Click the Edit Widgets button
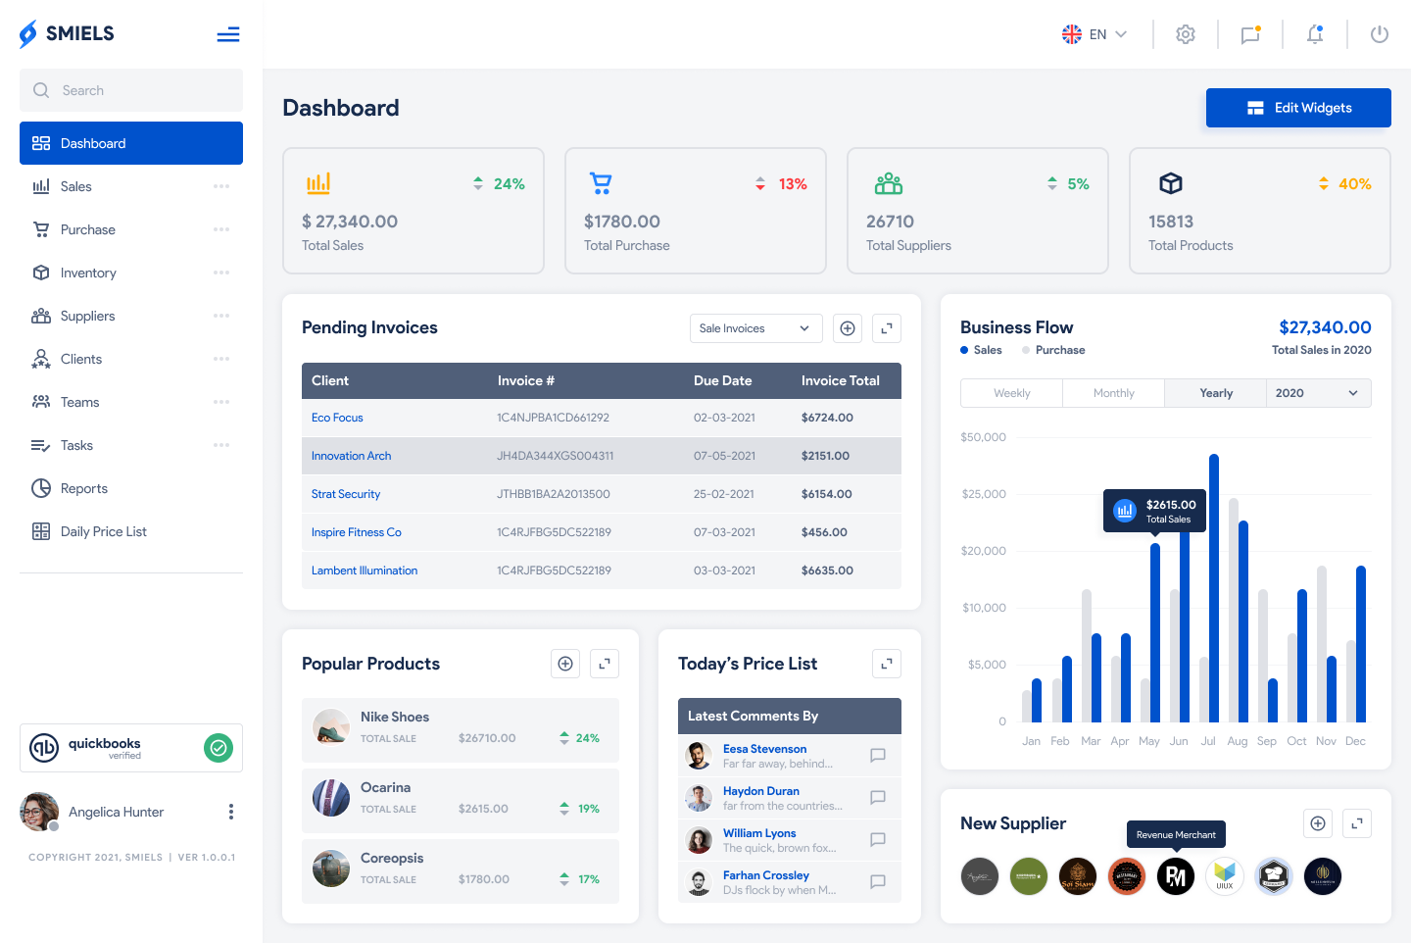pos(1298,108)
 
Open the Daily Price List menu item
pos(103,531)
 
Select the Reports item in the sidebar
pos(83,488)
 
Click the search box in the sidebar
pos(131,90)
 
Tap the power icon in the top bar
pos(1380,34)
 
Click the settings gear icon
pos(1186,34)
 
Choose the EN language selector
pos(1095,34)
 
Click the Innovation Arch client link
pos(351,456)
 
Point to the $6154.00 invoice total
pos(826,494)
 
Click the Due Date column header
pos(722,380)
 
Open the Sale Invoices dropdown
pos(754,328)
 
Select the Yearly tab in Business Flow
pos(1216,393)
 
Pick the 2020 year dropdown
pos(1317,393)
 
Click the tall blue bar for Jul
pos(1214,588)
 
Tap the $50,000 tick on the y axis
pos(983,437)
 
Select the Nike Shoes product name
pos(395,717)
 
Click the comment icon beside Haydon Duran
pos(878,798)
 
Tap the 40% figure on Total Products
pos(1354,184)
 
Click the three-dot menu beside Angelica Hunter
pos(231,812)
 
